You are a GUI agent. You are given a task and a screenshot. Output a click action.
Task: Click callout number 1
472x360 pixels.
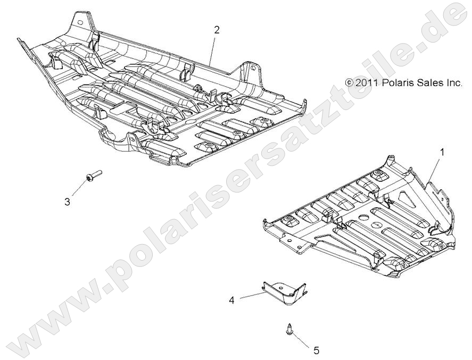coord(441,152)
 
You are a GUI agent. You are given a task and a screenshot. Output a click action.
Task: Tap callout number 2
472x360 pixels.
coord(217,30)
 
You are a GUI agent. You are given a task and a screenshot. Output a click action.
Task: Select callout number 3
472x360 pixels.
coord(68,202)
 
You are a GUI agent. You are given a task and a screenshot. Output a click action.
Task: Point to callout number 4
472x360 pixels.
coord(231,300)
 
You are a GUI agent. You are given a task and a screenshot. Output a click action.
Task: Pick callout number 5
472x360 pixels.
coord(316,350)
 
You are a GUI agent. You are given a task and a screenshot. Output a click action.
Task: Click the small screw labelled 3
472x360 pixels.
coord(92,175)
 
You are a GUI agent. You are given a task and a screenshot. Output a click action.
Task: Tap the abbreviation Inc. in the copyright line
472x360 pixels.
coord(454,83)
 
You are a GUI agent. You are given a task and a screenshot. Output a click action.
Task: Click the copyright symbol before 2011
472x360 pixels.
coord(349,83)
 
